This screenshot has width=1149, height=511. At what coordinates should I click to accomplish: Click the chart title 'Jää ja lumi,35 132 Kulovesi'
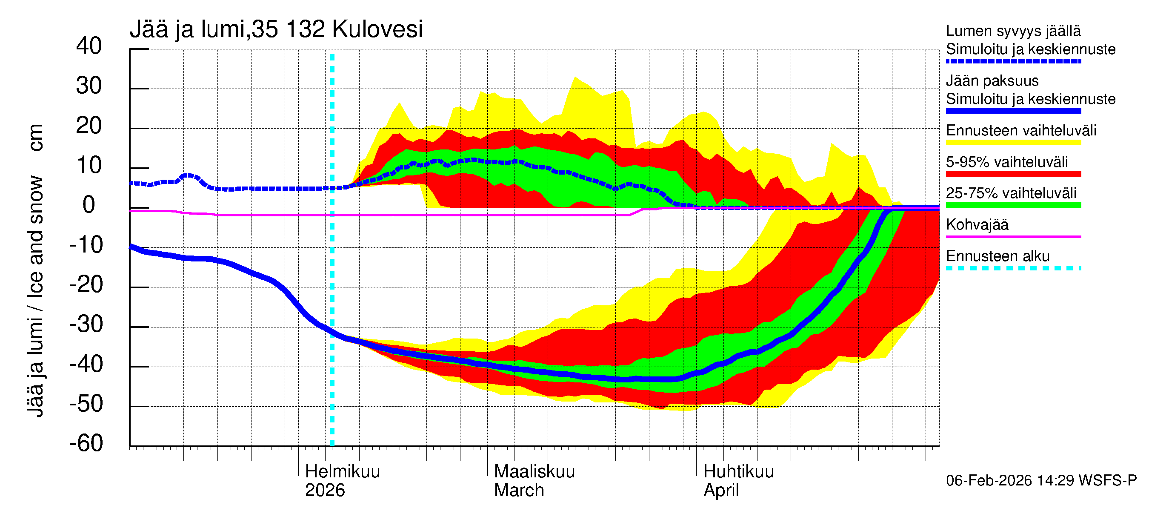tap(276, 29)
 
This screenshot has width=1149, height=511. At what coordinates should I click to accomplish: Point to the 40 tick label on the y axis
tap(89, 46)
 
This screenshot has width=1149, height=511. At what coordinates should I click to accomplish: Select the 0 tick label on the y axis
tap(89, 205)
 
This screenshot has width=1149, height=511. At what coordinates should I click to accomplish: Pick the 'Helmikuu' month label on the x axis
tap(342, 471)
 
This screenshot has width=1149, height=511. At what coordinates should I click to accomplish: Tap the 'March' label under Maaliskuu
tap(519, 490)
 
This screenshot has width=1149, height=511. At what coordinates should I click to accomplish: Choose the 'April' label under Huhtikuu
tap(721, 490)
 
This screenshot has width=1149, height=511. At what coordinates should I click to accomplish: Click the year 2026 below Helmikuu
tap(325, 490)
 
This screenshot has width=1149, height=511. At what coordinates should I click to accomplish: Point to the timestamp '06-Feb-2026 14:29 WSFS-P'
tap(1041, 480)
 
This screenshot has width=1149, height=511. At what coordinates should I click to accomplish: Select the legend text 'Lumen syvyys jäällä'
tap(1013, 31)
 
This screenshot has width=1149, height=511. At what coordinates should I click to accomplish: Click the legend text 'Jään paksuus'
tap(992, 81)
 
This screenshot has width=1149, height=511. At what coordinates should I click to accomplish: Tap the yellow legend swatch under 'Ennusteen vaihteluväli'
tap(1013, 143)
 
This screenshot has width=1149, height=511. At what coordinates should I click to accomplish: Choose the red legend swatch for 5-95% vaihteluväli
tap(1013, 174)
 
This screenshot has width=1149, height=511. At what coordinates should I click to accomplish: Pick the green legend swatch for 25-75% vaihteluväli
tap(1013, 205)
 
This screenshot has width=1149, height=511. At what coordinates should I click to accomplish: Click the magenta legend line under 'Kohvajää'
tap(1013, 236)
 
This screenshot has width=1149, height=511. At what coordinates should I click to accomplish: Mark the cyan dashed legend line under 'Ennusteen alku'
tap(1013, 268)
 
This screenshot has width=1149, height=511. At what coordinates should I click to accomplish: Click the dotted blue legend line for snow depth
tap(1013, 62)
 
